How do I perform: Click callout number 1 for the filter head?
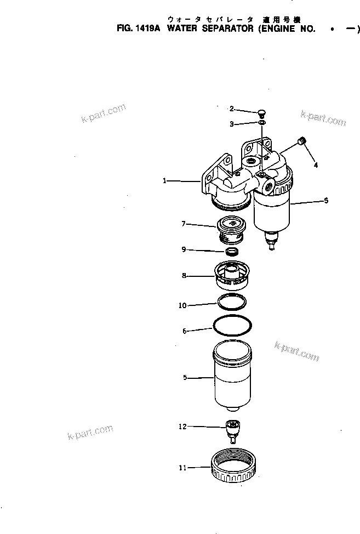point(165,180)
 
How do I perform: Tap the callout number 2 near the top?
point(231,109)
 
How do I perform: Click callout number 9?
point(184,250)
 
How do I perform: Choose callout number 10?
point(182,305)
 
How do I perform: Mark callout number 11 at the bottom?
point(182,468)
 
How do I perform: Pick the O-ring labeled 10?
point(233,302)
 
